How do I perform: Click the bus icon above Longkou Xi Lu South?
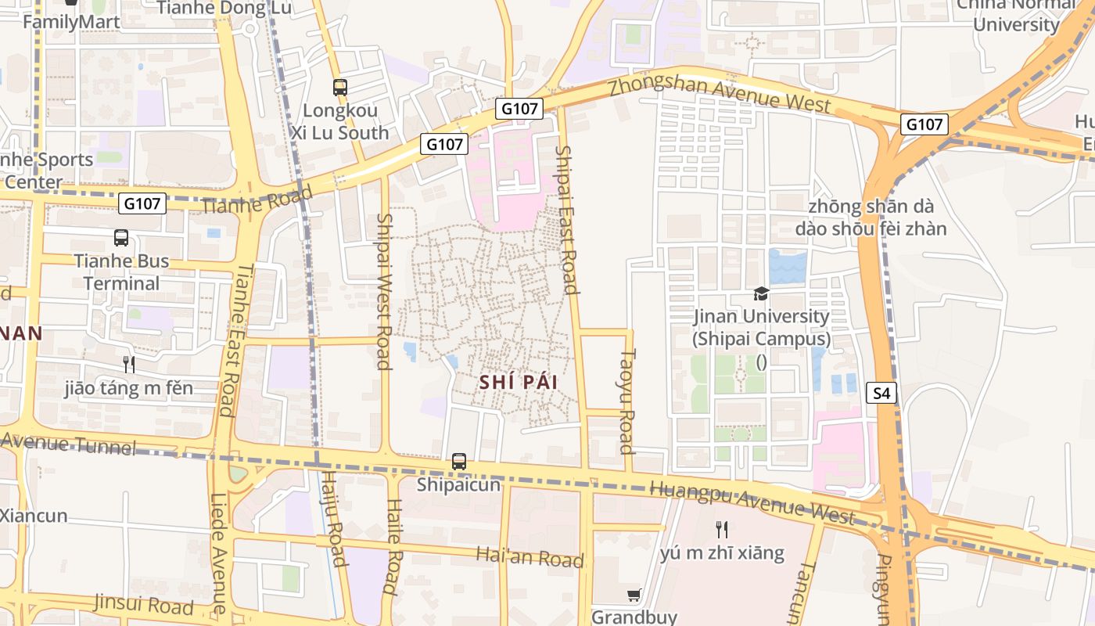339,88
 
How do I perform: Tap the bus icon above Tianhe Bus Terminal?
121,238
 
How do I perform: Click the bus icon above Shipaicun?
459,462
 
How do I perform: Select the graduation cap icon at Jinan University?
761,294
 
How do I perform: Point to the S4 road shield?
881,393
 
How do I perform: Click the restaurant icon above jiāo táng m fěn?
129,364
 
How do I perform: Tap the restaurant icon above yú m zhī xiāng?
722,530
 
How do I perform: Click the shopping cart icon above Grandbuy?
634,595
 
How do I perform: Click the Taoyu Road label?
626,401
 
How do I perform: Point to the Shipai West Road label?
383,291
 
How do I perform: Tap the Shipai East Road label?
566,219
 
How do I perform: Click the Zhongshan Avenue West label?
720,93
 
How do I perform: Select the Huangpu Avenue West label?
752,502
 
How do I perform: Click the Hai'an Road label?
530,557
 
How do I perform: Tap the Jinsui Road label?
143,604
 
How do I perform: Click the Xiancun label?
34,516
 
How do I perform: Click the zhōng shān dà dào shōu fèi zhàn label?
871,218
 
